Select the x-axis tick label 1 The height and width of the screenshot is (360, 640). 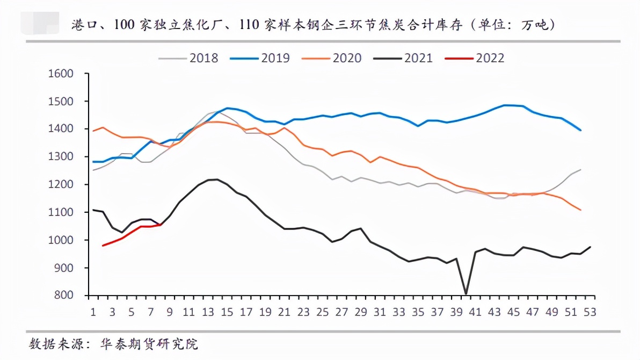coord(93,312)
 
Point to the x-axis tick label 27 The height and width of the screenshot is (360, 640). coord(342,312)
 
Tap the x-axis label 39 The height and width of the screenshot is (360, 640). coord(456,312)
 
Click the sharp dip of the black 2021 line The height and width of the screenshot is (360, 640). coord(466,293)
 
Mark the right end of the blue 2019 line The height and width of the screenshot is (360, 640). coord(581,130)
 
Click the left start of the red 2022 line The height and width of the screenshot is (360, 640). coord(103,246)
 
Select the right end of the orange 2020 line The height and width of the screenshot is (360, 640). coord(581,210)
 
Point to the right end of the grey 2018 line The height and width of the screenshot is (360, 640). coord(581,170)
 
